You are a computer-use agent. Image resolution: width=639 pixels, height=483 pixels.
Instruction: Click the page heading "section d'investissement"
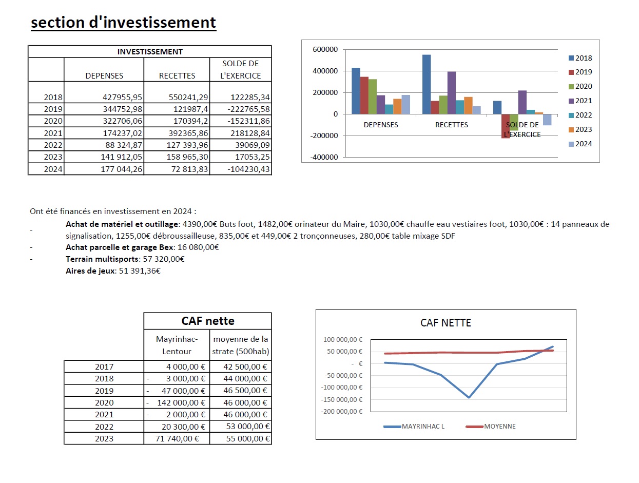click(123, 23)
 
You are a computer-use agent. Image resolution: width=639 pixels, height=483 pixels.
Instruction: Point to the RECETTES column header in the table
click(177, 75)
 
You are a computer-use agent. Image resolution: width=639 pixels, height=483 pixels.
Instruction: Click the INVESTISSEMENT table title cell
click(150, 51)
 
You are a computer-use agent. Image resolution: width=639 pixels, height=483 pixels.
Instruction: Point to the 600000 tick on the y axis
click(324, 50)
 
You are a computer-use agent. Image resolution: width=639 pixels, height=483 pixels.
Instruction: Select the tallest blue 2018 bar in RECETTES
click(427, 84)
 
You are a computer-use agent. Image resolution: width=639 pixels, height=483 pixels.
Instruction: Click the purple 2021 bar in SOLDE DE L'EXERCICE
click(522, 102)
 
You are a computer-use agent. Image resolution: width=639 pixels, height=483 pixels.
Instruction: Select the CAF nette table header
click(208, 321)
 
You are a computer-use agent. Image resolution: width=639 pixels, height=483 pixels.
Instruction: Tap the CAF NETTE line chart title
click(446, 323)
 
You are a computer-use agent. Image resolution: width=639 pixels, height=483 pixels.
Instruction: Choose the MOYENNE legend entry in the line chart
click(499, 427)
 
